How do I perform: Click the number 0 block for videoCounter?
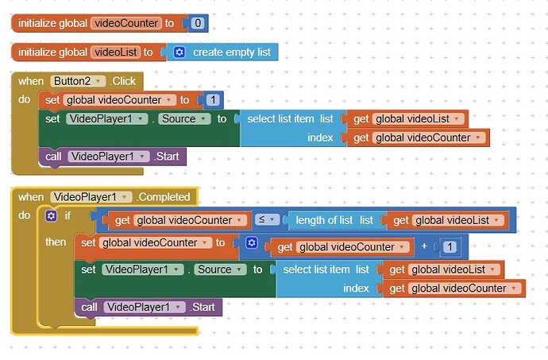click(198, 24)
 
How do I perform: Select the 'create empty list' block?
click(231, 52)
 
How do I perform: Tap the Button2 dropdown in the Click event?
click(77, 81)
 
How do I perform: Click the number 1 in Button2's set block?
click(213, 100)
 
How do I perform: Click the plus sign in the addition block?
click(424, 246)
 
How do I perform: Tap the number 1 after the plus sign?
click(449, 246)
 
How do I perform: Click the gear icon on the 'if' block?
click(52, 215)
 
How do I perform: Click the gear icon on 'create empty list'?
click(179, 52)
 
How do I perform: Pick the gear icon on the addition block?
click(251, 243)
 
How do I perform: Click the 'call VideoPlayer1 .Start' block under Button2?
click(111, 157)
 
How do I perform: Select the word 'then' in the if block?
click(56, 242)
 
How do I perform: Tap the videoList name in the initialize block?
click(115, 52)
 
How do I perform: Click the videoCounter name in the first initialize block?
click(126, 24)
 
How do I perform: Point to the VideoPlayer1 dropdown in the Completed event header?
click(90, 197)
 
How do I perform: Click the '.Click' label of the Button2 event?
click(123, 81)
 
